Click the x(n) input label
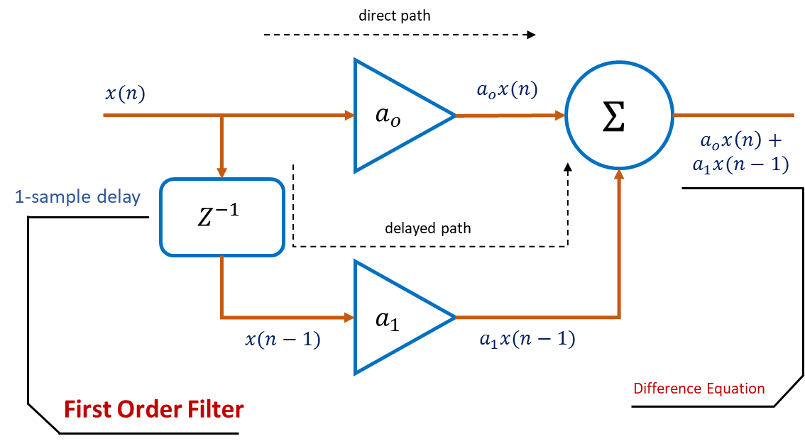pyautogui.click(x=125, y=94)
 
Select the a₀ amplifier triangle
pyautogui.click(x=395, y=116)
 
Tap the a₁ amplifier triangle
pyautogui.click(x=395, y=318)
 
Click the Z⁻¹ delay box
pyautogui.click(x=222, y=217)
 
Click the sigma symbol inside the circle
pyautogui.click(x=613, y=118)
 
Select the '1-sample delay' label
pyautogui.click(x=77, y=197)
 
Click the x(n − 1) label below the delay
pyautogui.click(x=283, y=340)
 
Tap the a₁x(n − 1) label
pyautogui.click(x=527, y=340)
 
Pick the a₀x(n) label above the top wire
pyautogui.click(x=507, y=90)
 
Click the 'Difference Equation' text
pyautogui.click(x=699, y=389)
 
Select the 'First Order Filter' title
pyautogui.click(x=154, y=409)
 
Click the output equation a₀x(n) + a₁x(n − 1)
pyautogui.click(x=740, y=153)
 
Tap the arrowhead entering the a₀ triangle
pyautogui.click(x=349, y=115)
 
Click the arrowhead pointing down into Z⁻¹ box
pyautogui.click(x=222, y=172)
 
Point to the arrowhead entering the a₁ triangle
pyautogui.click(x=349, y=316)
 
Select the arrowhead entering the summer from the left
pyautogui.click(x=559, y=115)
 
